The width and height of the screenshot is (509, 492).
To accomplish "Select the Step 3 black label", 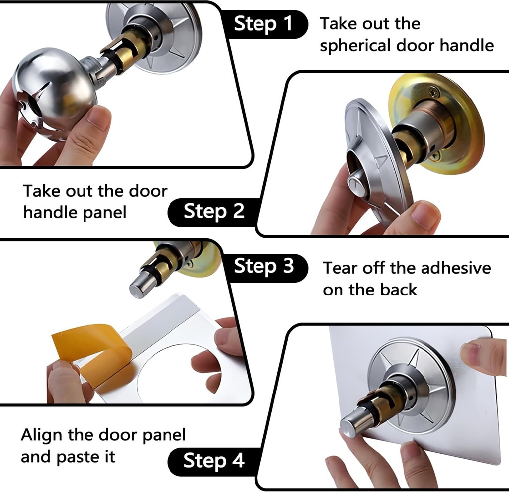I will tap(263, 266).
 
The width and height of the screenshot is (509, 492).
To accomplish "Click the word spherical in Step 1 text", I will tap(355, 46).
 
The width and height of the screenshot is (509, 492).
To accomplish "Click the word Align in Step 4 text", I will tap(42, 435).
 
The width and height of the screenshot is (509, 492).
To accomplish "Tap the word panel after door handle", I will tap(105, 213).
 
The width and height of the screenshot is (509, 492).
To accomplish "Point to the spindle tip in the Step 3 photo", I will tap(138, 290).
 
